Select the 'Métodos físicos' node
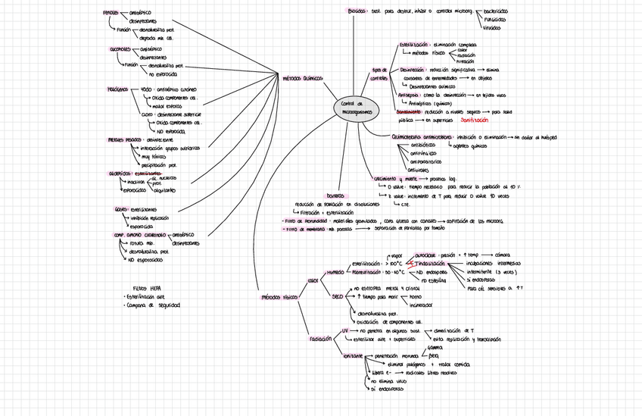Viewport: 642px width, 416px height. pos(279,297)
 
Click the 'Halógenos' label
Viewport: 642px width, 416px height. pos(117,89)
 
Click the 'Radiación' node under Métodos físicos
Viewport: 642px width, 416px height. pos(321,339)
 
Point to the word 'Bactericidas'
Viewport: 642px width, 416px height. pos(496,12)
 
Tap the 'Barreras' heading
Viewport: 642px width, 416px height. pos(335,195)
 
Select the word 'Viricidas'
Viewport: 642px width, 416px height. pos(491,28)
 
